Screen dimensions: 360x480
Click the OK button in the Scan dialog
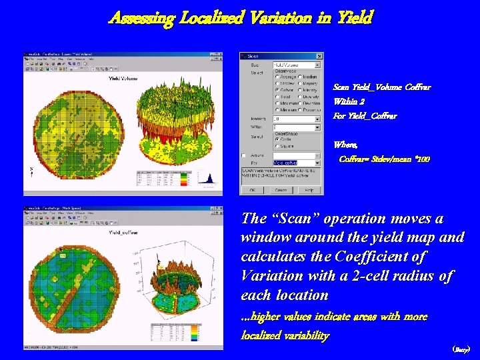[252, 190]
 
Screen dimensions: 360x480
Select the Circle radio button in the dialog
[277, 139]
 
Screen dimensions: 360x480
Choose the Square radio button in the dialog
[277, 145]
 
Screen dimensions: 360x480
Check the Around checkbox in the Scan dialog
[245, 155]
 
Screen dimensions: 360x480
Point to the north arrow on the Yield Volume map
[31, 171]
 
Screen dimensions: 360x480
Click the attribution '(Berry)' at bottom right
[461, 349]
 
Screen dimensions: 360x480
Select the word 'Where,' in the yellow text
[345, 145]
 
